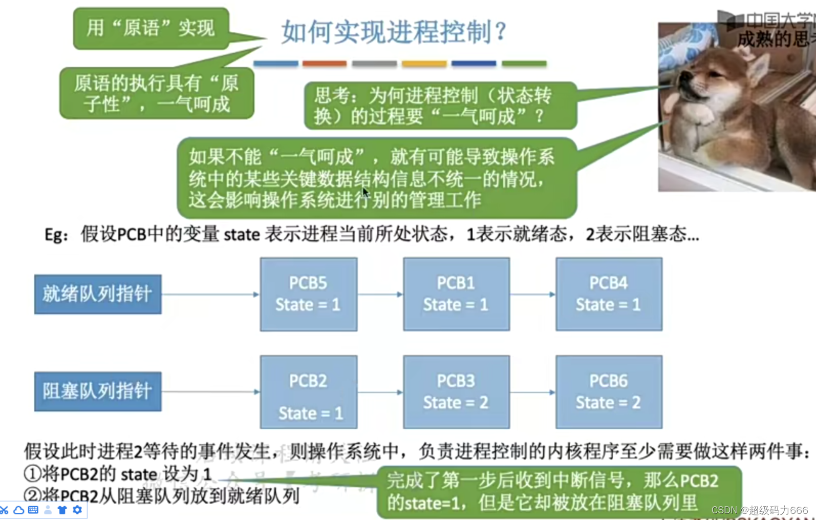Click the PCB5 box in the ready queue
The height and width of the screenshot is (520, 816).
pyautogui.click(x=308, y=294)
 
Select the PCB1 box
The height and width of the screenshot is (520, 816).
pyautogui.click(x=456, y=294)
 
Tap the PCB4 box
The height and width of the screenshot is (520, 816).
pyautogui.click(x=609, y=294)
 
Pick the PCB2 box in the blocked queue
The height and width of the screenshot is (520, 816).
pyautogui.click(x=308, y=392)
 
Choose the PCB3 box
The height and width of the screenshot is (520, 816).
pyautogui.click(x=456, y=392)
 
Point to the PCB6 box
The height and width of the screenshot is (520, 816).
pyautogui.click(x=609, y=392)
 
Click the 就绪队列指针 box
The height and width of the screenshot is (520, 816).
pyautogui.click(x=98, y=294)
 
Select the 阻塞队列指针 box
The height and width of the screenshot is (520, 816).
pyautogui.click(x=98, y=391)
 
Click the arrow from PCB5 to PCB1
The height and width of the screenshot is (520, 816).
pyautogui.click(x=380, y=295)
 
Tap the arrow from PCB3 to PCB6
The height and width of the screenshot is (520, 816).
pyautogui.click(x=532, y=392)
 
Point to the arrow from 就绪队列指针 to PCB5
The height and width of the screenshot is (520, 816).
pyautogui.click(x=210, y=295)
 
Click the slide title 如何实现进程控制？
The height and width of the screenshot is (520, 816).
pyautogui.click(x=394, y=32)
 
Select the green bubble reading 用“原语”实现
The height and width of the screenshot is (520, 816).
pyautogui.click(x=151, y=28)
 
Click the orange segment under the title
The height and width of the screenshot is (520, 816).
pyautogui.click(x=325, y=64)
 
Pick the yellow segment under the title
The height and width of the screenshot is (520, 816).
pyautogui.click(x=424, y=64)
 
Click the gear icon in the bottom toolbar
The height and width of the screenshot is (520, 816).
pyautogui.click(x=77, y=510)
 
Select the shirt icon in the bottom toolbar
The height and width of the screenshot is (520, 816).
pyautogui.click(x=62, y=510)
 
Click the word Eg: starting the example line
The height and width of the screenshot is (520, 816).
pyautogui.click(x=56, y=235)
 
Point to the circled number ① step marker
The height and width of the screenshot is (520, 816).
pyautogui.click(x=32, y=474)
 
